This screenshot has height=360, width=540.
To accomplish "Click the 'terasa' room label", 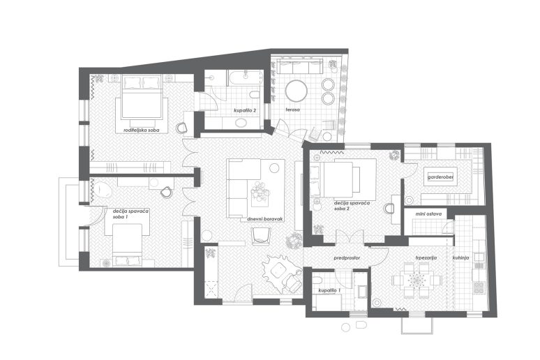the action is (x=292, y=110).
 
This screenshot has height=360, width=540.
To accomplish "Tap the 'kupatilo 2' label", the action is (x=245, y=111).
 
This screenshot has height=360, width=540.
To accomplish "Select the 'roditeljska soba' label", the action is (x=141, y=130).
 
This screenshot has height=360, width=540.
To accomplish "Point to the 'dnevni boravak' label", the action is (x=265, y=219).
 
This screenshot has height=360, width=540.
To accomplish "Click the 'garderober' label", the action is (x=440, y=177).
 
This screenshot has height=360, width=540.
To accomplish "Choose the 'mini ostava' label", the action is (x=428, y=214).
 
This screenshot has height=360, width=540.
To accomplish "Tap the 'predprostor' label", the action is (x=347, y=257).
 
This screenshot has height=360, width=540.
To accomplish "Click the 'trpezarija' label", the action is (x=426, y=257).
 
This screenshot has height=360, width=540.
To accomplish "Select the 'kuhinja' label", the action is (x=460, y=257).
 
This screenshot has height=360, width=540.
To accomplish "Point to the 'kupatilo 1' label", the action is (x=329, y=291).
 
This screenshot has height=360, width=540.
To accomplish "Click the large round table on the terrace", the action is (x=297, y=91).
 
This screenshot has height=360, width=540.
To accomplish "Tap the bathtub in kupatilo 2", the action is (x=245, y=78).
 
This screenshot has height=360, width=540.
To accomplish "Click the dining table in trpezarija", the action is (x=417, y=279).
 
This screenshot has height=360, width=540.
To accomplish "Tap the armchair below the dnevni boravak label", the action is (x=262, y=237).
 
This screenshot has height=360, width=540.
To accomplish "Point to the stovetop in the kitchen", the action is (x=479, y=287).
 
